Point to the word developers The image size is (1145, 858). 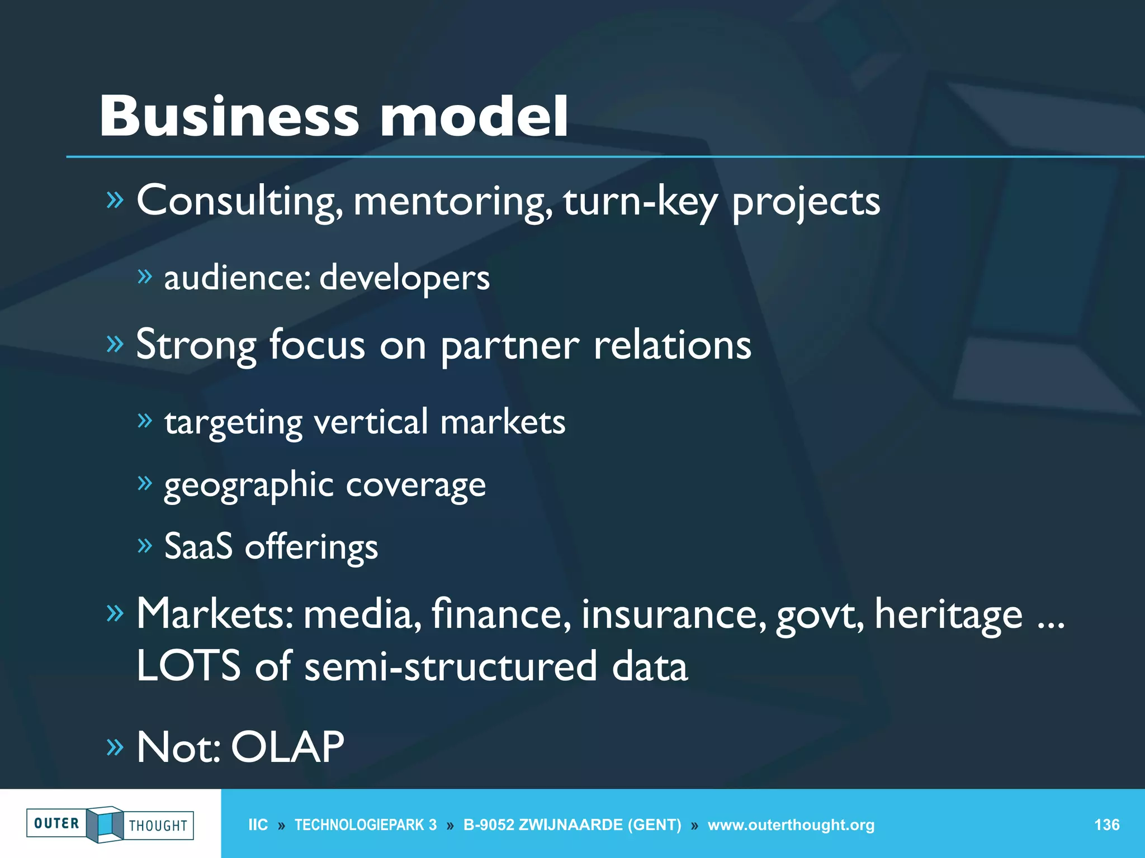coord(404,278)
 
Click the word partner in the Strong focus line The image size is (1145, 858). coord(509,345)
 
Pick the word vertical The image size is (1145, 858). coord(371,422)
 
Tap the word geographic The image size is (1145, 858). coord(248,485)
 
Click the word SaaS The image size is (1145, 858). coord(198,546)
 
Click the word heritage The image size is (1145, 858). coord(948,614)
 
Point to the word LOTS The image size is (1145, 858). coord(188,666)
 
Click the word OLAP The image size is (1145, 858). coord(287,747)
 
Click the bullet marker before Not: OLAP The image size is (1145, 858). coord(114,747)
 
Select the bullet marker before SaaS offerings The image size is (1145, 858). coord(144,545)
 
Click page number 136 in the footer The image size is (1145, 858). coord(1106,824)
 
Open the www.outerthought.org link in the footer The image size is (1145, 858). coord(791,824)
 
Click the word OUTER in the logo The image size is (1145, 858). coord(56,823)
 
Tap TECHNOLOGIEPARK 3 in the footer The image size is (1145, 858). coord(365,824)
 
